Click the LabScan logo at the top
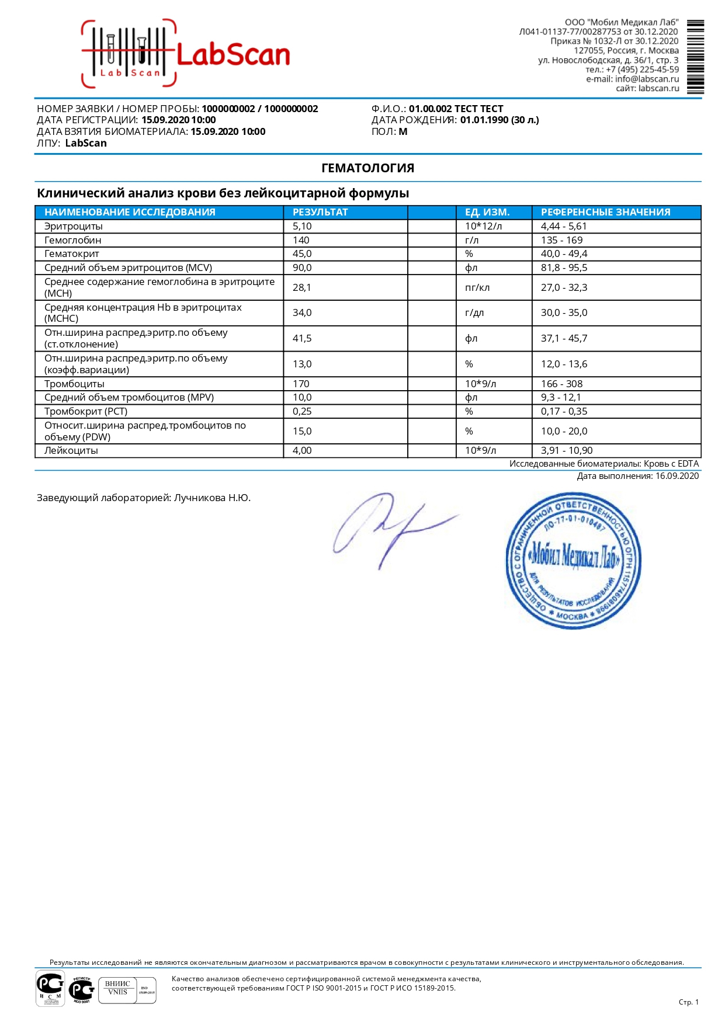coord(186,54)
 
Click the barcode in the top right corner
coord(695,57)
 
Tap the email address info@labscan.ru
coord(647,79)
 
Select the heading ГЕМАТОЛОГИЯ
coord(367,168)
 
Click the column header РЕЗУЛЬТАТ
coord(320,212)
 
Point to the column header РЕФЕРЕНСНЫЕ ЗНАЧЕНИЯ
coord(605,212)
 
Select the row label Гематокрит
coord(72,253)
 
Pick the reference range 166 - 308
coord(561,384)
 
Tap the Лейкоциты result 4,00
coord(302,450)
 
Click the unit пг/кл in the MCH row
coord(477,287)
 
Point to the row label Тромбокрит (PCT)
coord(86,411)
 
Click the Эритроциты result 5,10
coord(302,226)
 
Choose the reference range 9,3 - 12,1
coord(561,397)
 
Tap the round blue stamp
coord(573,560)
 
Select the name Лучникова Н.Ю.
coord(212,498)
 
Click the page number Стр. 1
coord(688,1002)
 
